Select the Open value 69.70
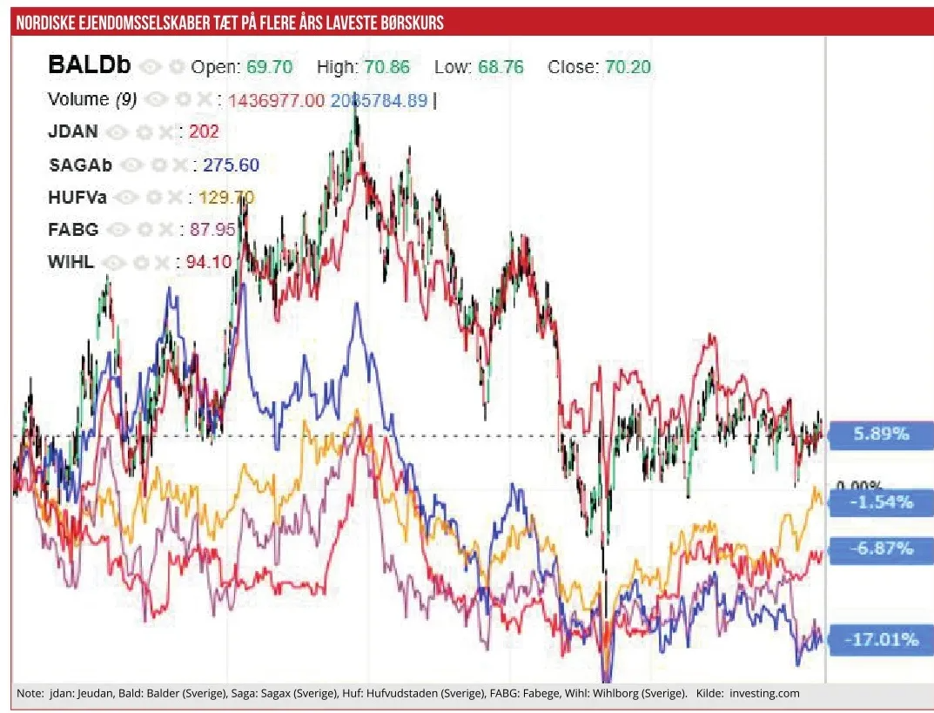(x=269, y=67)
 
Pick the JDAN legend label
(x=73, y=131)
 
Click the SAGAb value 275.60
(x=231, y=165)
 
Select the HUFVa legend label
(x=77, y=198)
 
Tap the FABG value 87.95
(x=206, y=230)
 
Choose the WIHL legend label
(x=71, y=262)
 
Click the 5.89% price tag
(x=882, y=434)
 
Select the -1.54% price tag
(x=882, y=501)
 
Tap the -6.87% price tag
(x=882, y=548)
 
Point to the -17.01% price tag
(x=882, y=640)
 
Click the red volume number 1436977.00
(x=276, y=100)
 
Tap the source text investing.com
(x=763, y=694)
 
